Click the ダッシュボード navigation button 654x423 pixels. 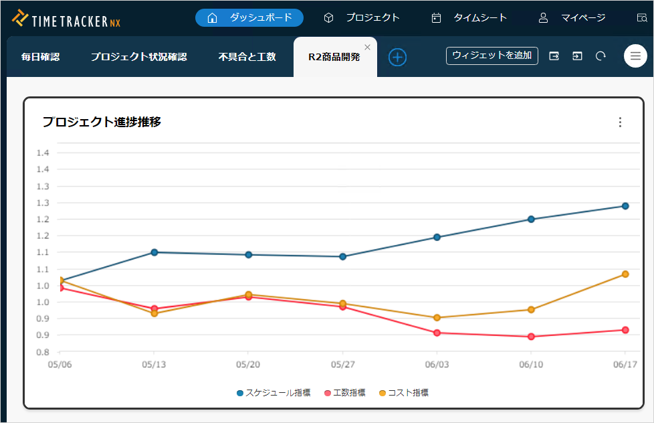(x=249, y=18)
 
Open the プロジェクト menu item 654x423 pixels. (x=361, y=18)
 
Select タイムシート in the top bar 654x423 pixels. (x=469, y=18)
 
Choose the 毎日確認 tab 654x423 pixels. (x=40, y=57)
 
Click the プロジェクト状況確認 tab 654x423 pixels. (x=138, y=57)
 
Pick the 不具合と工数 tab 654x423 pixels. (x=247, y=57)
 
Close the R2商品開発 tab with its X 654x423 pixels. (x=367, y=47)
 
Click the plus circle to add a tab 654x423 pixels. (x=397, y=57)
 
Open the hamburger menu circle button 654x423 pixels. (x=635, y=56)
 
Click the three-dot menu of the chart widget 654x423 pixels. (x=620, y=122)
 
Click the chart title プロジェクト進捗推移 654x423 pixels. (x=102, y=122)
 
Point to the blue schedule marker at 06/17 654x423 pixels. (x=625, y=206)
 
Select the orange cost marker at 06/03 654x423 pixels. (x=437, y=318)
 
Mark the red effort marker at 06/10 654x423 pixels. (x=531, y=337)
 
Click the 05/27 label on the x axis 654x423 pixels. (x=342, y=365)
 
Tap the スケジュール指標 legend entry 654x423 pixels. (x=274, y=393)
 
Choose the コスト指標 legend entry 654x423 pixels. (x=404, y=393)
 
